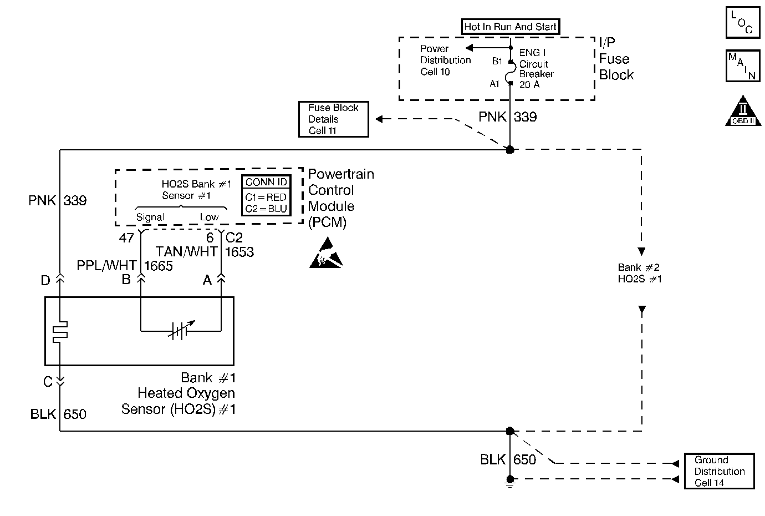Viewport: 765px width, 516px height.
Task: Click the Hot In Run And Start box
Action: (x=511, y=27)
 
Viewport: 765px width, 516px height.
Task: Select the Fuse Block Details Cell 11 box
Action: (x=334, y=119)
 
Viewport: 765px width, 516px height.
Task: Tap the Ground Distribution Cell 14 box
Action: (x=719, y=471)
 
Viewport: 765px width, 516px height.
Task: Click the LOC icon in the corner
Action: (x=743, y=22)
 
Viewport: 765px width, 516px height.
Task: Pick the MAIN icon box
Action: (x=743, y=66)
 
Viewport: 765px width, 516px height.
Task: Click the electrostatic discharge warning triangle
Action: (x=322, y=254)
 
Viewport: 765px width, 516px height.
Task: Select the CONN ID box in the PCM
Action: (x=266, y=195)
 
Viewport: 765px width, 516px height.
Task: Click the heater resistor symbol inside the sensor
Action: (x=59, y=331)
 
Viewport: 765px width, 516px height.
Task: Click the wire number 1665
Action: (x=159, y=266)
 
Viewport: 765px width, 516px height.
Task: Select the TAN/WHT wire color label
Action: (x=186, y=251)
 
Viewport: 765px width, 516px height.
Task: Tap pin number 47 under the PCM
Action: (x=126, y=238)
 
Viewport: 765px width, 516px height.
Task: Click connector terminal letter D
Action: (x=45, y=280)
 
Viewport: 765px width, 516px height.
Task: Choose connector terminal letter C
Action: (x=48, y=382)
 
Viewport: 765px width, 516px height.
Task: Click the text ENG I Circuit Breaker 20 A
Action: (x=535, y=69)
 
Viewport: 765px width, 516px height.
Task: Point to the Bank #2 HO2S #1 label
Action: (x=640, y=273)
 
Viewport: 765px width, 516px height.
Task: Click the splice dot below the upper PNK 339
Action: (x=510, y=150)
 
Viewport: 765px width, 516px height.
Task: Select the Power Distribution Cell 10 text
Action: (x=445, y=60)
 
